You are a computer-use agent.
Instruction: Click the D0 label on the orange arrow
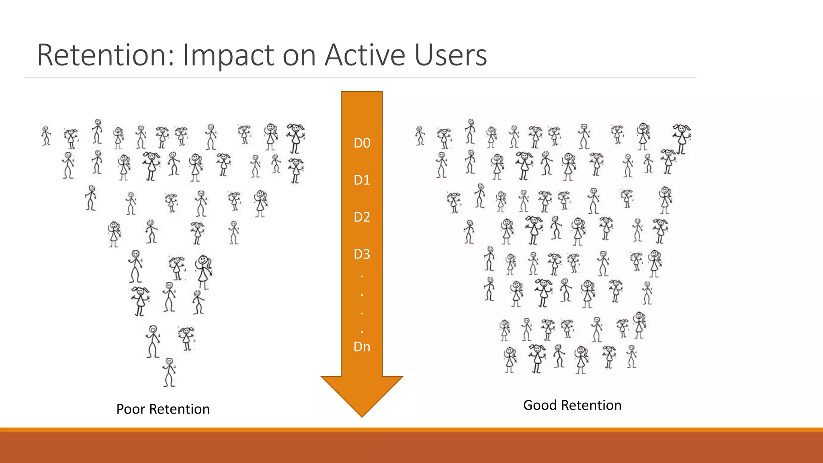362,143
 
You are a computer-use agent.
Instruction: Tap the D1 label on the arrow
362,180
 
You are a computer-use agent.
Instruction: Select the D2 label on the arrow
362,217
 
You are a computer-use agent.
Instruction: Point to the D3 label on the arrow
362,254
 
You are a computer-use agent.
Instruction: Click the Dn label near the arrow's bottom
362,346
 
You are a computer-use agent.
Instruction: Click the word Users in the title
450,55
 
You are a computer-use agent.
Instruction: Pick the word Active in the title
365,55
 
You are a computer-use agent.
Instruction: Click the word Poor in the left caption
131,409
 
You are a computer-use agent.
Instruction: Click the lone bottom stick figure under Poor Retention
169,372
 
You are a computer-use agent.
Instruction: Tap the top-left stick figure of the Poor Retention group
46,135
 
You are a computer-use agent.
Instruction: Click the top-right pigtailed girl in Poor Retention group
296,138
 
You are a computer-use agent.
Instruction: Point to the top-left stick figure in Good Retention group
420,135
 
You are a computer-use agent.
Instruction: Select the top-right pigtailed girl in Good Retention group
682,138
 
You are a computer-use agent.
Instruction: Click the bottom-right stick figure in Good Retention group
632,356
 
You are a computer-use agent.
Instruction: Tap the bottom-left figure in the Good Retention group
510,359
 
